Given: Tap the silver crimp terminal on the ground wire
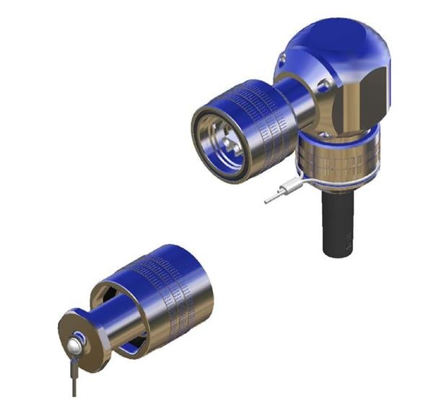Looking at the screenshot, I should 273,196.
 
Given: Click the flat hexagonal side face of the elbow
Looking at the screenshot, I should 374,90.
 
